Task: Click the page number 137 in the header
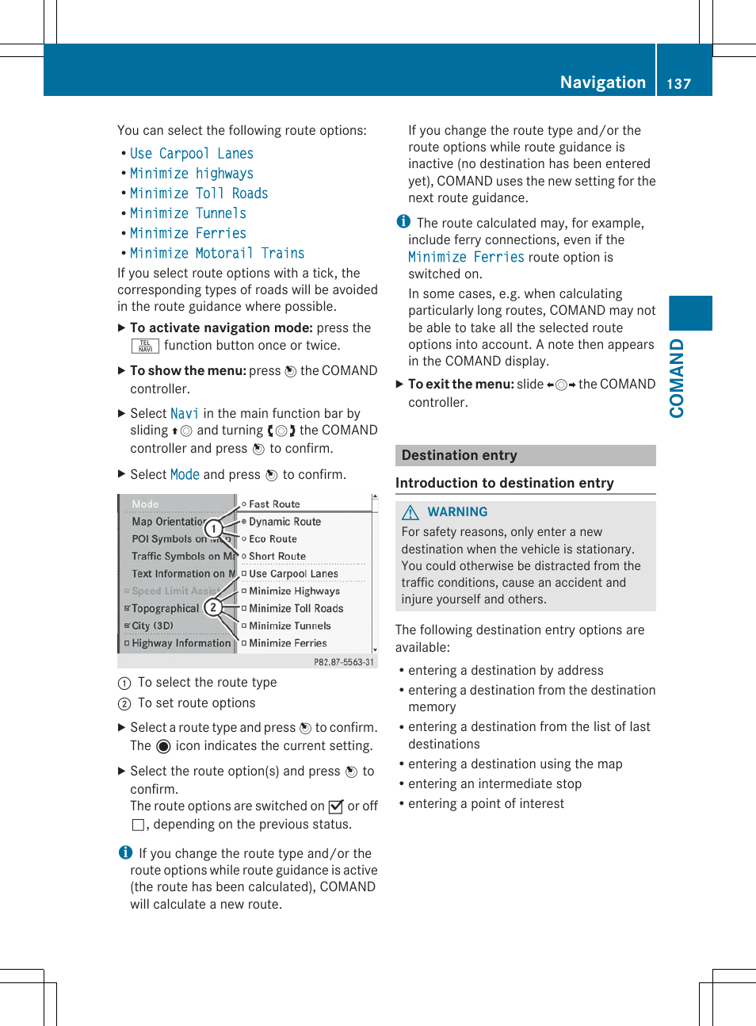[x=678, y=83]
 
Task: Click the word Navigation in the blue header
[x=602, y=82]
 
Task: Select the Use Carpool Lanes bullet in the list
[x=192, y=154]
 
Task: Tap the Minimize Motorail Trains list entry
[x=217, y=253]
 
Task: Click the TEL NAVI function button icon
[x=145, y=346]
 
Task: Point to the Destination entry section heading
[x=459, y=455]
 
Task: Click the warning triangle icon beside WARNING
[x=410, y=512]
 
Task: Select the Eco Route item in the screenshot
[x=273, y=539]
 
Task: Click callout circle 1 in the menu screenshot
[x=213, y=529]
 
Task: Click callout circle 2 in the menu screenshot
[x=212, y=607]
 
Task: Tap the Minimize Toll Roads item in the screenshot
[x=296, y=608]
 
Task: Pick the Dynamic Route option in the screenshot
[x=284, y=522]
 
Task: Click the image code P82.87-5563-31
[x=344, y=662]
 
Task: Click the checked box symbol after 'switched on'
[x=336, y=806]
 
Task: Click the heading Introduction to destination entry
[x=504, y=483]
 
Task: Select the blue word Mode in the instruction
[x=185, y=474]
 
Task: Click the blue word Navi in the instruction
[x=184, y=413]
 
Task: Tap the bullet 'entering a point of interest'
[x=486, y=803]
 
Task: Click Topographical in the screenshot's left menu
[x=165, y=608]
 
